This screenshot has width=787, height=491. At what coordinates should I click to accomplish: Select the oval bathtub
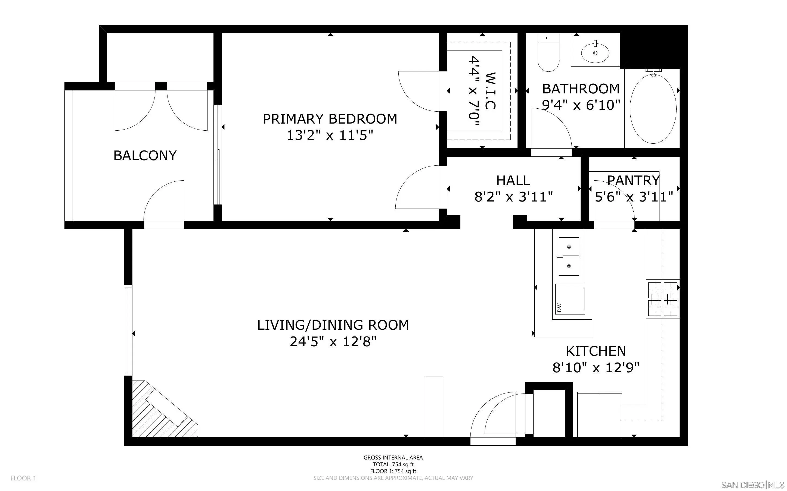point(653,109)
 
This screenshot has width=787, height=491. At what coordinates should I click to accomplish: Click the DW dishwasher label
point(559,307)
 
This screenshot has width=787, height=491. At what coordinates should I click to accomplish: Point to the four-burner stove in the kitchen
point(662,299)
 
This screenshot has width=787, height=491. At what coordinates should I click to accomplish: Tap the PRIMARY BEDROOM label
point(330,119)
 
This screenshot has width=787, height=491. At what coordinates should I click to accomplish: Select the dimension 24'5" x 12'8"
point(333,342)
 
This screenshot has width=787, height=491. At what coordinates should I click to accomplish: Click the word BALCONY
point(145,156)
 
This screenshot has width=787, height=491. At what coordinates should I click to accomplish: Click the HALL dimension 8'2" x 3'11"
point(513,197)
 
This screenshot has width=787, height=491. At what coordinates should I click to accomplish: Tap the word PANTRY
point(633,180)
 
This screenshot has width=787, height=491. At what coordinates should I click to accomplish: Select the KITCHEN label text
point(596,351)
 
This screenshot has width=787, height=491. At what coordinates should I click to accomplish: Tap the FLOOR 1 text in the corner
point(23,478)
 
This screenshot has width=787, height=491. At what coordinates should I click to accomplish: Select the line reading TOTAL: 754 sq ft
point(393,464)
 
